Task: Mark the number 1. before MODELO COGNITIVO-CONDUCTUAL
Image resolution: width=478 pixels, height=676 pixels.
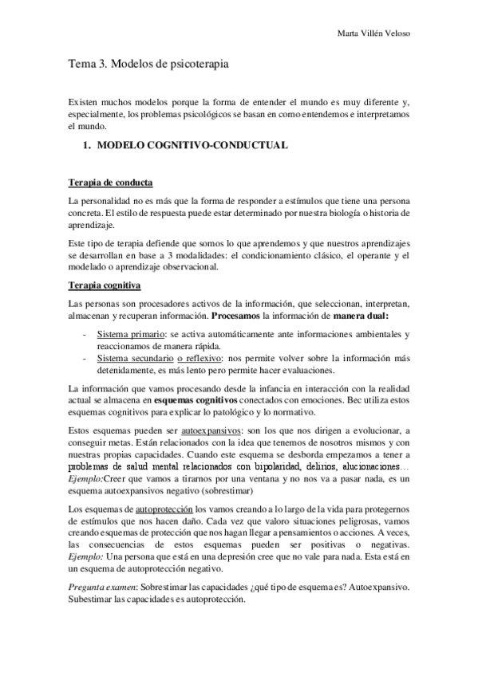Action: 88,147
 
